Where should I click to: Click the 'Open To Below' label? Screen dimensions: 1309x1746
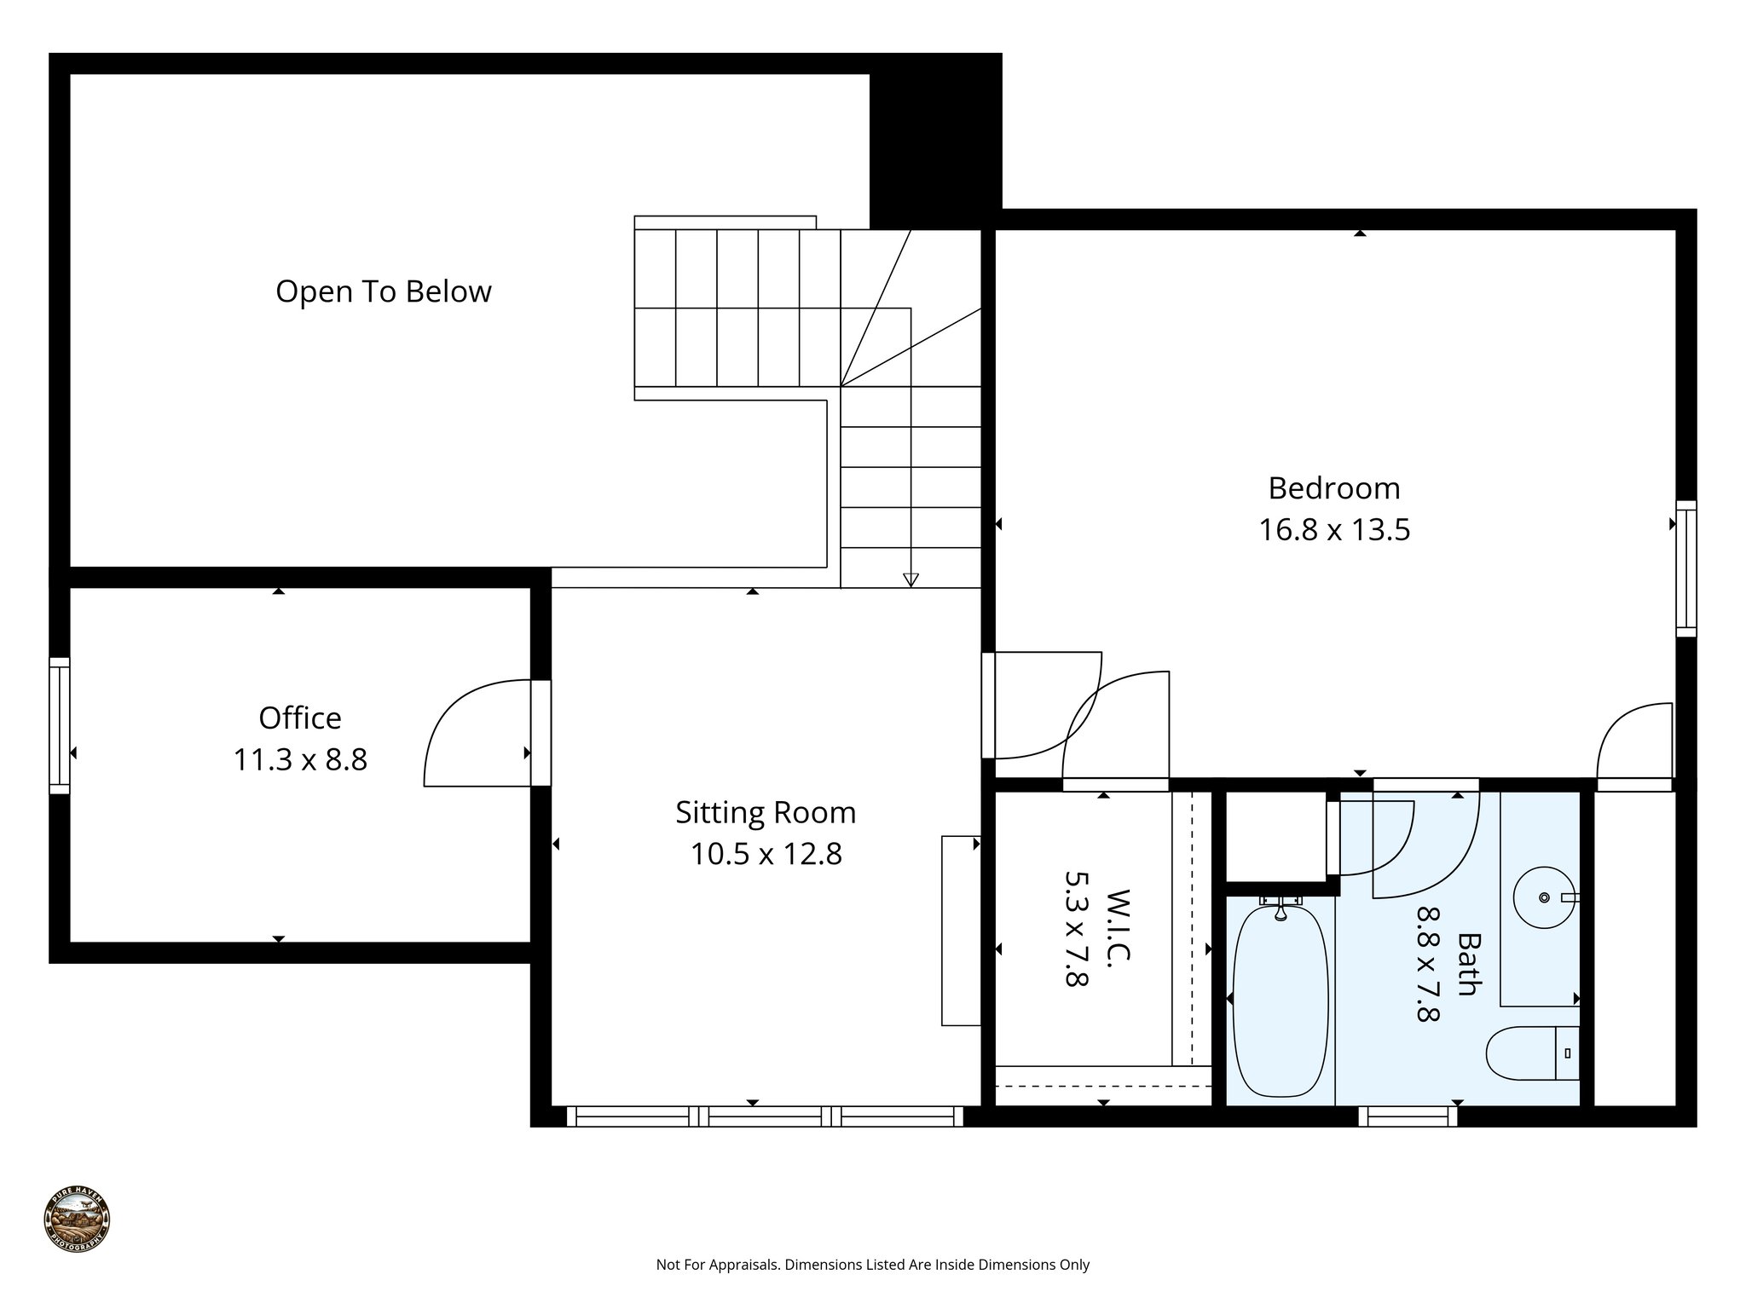(x=384, y=291)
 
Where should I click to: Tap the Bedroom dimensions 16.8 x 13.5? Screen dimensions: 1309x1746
(x=1334, y=530)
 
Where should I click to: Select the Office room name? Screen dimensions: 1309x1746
(x=300, y=718)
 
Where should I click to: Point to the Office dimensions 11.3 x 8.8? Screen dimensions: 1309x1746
(x=300, y=759)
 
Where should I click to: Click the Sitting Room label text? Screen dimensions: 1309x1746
(x=766, y=812)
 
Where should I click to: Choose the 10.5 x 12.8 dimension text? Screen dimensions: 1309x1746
(x=766, y=854)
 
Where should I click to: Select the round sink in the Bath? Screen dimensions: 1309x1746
(x=1543, y=897)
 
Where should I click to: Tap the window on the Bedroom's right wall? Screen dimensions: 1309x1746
(x=1685, y=568)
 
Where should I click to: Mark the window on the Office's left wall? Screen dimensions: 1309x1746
(x=59, y=725)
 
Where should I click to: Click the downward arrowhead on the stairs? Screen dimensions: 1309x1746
(x=911, y=580)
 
